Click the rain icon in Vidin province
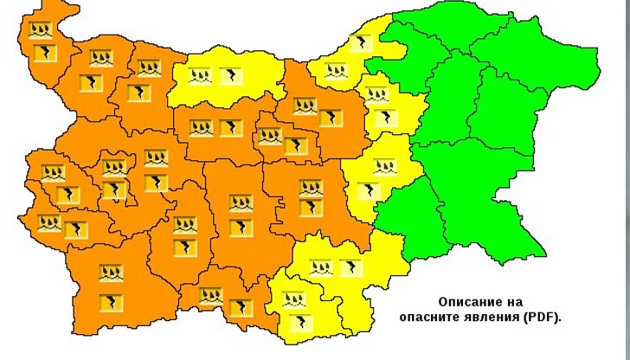(x=39, y=31)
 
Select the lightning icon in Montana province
(x=92, y=83)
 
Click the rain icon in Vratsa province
(x=149, y=67)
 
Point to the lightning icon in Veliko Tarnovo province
(x=331, y=118)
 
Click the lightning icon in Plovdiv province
(x=240, y=227)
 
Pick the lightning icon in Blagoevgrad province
(x=111, y=302)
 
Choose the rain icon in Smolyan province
(x=210, y=296)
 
